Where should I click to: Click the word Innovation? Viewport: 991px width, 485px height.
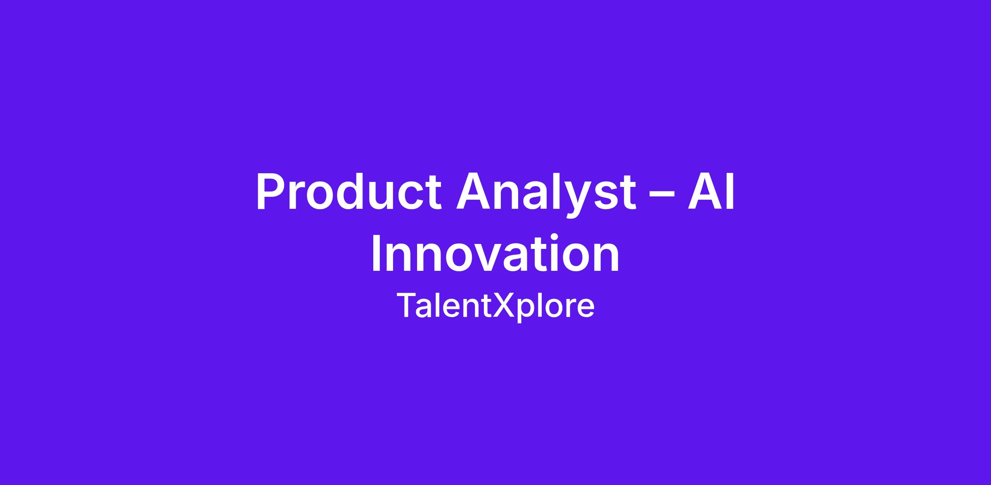(x=495, y=253)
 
